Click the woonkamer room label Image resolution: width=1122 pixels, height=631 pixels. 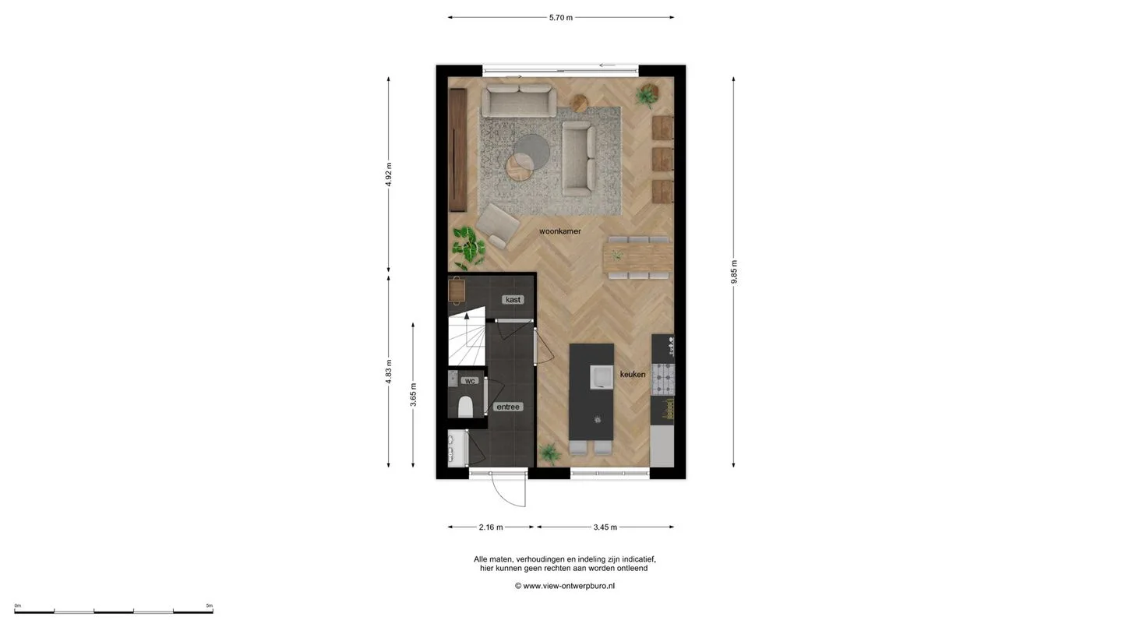[x=560, y=231]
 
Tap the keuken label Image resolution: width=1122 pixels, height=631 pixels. [x=633, y=374]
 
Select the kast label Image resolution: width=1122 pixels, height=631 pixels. [x=513, y=299]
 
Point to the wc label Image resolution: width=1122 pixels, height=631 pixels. [x=470, y=381]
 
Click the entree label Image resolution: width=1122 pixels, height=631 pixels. [x=508, y=407]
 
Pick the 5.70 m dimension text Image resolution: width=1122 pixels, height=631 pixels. [x=560, y=17]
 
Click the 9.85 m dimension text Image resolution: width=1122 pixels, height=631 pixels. [x=734, y=272]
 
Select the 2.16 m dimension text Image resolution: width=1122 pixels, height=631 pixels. [x=491, y=527]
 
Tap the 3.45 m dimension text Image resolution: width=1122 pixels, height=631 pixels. [x=605, y=527]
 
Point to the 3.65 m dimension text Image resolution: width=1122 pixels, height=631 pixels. [x=414, y=395]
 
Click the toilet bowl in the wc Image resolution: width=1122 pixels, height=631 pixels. [x=465, y=407]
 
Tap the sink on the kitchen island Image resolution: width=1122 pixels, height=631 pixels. [x=601, y=377]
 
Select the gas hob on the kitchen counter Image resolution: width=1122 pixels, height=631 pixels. [x=663, y=379]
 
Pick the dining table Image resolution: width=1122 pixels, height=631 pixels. [x=637, y=257]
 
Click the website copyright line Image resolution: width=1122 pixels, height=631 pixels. [x=564, y=586]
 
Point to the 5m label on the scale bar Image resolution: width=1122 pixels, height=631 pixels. [x=210, y=605]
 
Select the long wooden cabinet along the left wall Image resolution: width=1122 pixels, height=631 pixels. [x=457, y=150]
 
